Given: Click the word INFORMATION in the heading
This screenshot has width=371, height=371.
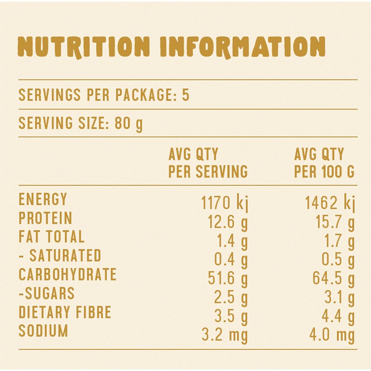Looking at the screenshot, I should pyautogui.click(x=243, y=47).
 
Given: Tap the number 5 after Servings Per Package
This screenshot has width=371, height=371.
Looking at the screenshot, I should pyautogui.click(x=185, y=95).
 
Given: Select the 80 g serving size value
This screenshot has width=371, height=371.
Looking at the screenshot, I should pyautogui.click(x=129, y=124).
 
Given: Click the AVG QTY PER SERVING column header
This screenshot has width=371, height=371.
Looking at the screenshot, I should pyautogui.click(x=208, y=163).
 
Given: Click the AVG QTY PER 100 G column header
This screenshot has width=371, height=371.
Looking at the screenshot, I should pyautogui.click(x=324, y=163).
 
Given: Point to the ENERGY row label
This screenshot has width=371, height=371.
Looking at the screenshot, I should pyautogui.click(x=43, y=199).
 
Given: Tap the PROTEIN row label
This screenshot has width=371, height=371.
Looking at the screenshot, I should pyautogui.click(x=45, y=218).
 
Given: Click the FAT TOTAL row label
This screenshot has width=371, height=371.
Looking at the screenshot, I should pyautogui.click(x=51, y=237).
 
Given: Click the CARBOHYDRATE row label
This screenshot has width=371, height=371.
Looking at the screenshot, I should pyautogui.click(x=67, y=275).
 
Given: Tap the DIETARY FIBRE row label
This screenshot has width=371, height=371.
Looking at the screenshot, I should pyautogui.click(x=65, y=312).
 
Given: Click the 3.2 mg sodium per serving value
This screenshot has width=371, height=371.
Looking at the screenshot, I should pyautogui.click(x=225, y=335).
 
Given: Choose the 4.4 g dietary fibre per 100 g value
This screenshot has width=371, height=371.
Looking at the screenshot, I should pyautogui.click(x=338, y=317).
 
